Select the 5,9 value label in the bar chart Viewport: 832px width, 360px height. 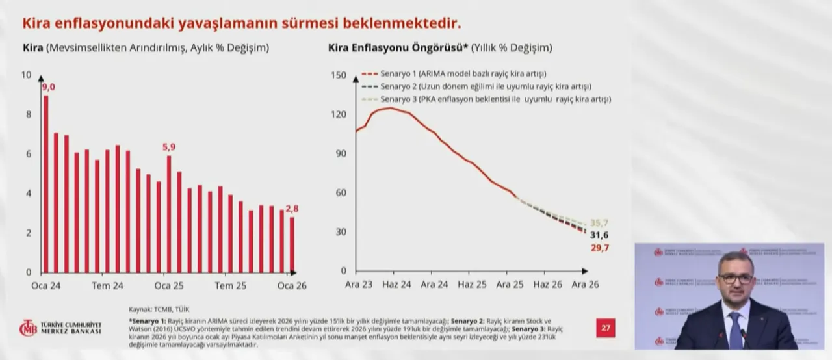pyautogui.click(x=168, y=148)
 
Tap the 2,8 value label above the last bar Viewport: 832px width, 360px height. pyautogui.click(x=292, y=209)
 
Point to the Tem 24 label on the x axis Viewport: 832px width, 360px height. pyautogui.click(x=107, y=286)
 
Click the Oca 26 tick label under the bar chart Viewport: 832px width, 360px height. pyautogui.click(x=292, y=286)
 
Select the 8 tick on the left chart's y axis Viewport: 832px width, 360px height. pyautogui.click(x=27, y=114)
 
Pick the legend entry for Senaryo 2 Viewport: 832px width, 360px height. pyautogui.click(x=476, y=86)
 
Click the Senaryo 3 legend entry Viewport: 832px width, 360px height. pyautogui.click(x=486, y=99)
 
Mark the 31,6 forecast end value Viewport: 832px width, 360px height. pyautogui.click(x=598, y=235)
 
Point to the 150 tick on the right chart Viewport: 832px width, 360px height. pyautogui.click(x=339, y=75)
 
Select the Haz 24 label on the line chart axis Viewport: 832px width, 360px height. pyautogui.click(x=396, y=285)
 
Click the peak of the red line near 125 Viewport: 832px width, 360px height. pyautogui.click(x=390, y=108)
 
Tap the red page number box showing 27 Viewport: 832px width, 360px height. pyautogui.click(x=606, y=328)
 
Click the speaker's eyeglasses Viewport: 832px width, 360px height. pyautogui.click(x=735, y=278)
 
